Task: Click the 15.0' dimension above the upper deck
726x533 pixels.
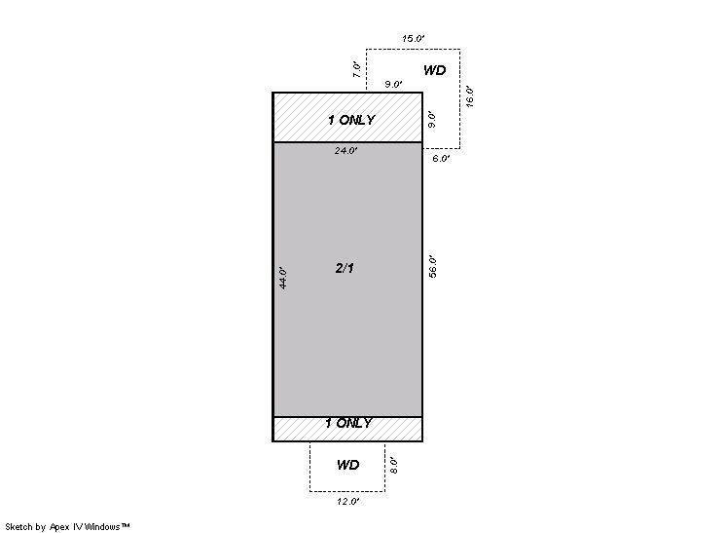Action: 413,38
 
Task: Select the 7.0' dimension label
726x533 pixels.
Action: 356,69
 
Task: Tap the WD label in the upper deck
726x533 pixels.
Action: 435,70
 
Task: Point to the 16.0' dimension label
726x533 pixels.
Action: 469,96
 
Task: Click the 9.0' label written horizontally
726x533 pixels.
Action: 393,85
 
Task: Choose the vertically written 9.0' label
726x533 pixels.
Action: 431,120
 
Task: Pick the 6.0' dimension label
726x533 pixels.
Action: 441,159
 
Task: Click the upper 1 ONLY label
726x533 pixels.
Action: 351,120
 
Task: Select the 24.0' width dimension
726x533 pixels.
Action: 345,151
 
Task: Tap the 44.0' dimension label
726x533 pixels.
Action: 283,278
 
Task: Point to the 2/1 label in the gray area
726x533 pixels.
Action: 345,268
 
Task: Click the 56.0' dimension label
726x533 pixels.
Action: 432,267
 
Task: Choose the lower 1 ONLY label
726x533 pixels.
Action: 348,423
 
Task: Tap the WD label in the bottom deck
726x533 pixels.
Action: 347,465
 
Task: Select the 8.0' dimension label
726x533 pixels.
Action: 393,466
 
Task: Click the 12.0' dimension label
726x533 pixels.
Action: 347,502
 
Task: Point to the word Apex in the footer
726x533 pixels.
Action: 58,527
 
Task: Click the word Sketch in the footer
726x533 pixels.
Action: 19,527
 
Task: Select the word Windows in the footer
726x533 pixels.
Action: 102,527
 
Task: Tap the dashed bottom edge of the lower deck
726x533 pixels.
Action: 347,491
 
